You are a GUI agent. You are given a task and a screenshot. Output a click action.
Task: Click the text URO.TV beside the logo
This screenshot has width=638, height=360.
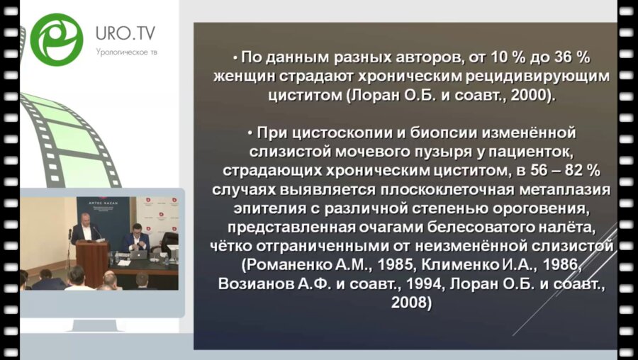[x=125, y=33]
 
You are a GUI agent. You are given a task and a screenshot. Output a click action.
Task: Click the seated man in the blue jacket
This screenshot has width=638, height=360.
[x=136, y=239]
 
